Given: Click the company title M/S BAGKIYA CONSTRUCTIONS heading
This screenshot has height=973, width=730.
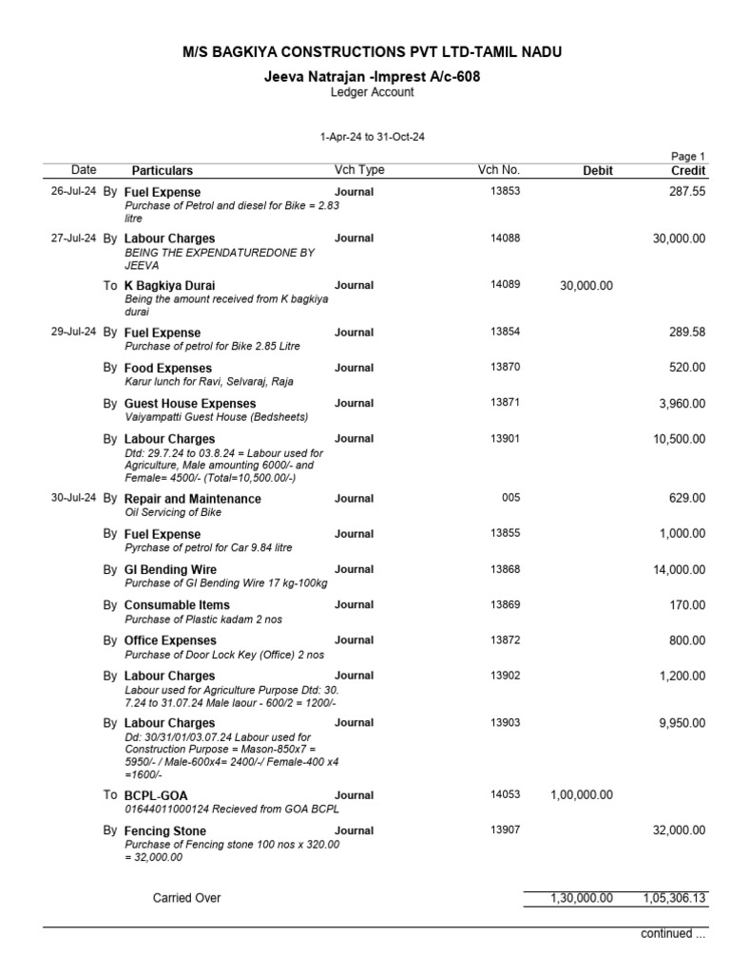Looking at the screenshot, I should point(365,52).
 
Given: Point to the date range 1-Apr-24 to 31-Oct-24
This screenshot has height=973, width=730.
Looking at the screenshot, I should point(372,138).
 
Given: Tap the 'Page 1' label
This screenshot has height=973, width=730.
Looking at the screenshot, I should point(688,157).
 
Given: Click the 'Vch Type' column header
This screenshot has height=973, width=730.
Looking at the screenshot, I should point(359,170).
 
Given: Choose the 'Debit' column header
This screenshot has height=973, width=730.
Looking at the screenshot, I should point(597,171).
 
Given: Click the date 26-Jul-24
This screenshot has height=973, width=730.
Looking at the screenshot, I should point(73,192).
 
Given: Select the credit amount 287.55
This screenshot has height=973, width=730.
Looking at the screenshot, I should point(686,192).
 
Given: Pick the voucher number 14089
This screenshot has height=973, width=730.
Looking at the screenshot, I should point(505,285).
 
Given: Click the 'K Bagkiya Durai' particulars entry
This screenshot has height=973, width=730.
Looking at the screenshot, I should point(169,286).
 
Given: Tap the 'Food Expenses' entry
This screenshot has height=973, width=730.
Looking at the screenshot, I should point(168,369).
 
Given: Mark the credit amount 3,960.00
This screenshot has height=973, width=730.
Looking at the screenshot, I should point(682,404).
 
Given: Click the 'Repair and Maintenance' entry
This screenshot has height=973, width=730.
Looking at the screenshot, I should point(193,500).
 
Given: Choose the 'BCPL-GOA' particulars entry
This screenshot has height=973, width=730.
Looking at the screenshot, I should point(156,795).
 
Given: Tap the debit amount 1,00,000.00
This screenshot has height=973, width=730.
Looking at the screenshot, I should point(582,795).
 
